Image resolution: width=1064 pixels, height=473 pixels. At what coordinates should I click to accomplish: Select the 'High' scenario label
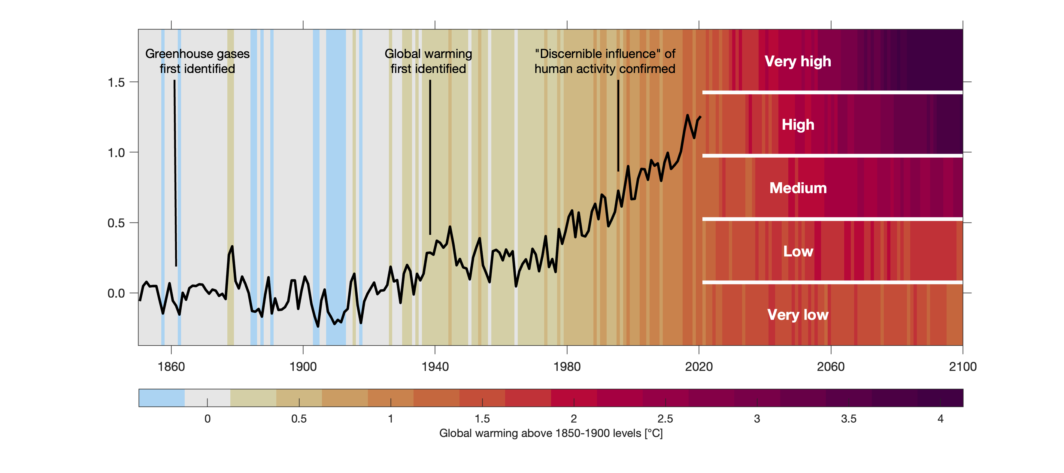click(798, 124)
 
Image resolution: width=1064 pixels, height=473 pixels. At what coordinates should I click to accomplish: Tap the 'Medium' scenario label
click(798, 188)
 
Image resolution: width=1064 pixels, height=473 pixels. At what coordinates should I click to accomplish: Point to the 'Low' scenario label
click(798, 251)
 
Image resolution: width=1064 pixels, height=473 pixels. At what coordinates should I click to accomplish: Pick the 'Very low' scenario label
click(798, 315)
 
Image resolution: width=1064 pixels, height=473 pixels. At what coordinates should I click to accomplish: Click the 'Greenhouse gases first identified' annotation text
click(197, 61)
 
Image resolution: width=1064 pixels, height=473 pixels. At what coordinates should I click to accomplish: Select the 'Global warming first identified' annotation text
click(428, 61)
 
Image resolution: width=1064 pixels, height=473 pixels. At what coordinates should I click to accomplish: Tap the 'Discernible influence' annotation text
click(605, 61)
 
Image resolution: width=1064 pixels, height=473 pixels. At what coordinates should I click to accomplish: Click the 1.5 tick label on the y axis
click(116, 83)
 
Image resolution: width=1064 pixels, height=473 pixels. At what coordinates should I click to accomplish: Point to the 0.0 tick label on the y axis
click(116, 293)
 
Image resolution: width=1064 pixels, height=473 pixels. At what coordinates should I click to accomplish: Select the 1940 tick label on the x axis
click(435, 366)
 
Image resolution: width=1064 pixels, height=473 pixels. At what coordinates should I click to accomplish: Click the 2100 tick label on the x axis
click(962, 366)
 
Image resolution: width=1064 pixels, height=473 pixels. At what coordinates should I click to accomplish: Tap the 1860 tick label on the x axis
click(171, 366)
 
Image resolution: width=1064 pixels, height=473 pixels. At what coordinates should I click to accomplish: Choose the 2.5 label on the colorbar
click(665, 419)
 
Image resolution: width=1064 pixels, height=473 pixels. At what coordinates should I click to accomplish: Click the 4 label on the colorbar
click(940, 419)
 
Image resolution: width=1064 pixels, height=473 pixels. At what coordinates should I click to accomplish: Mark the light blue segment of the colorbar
click(162, 398)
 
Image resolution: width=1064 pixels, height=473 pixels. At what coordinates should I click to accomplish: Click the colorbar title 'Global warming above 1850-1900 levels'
click(550, 433)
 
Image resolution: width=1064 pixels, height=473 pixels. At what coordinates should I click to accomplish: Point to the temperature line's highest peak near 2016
click(687, 116)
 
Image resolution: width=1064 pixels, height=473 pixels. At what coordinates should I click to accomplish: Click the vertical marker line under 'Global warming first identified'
click(430, 157)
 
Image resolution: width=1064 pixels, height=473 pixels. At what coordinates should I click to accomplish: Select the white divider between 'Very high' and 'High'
click(832, 92)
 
